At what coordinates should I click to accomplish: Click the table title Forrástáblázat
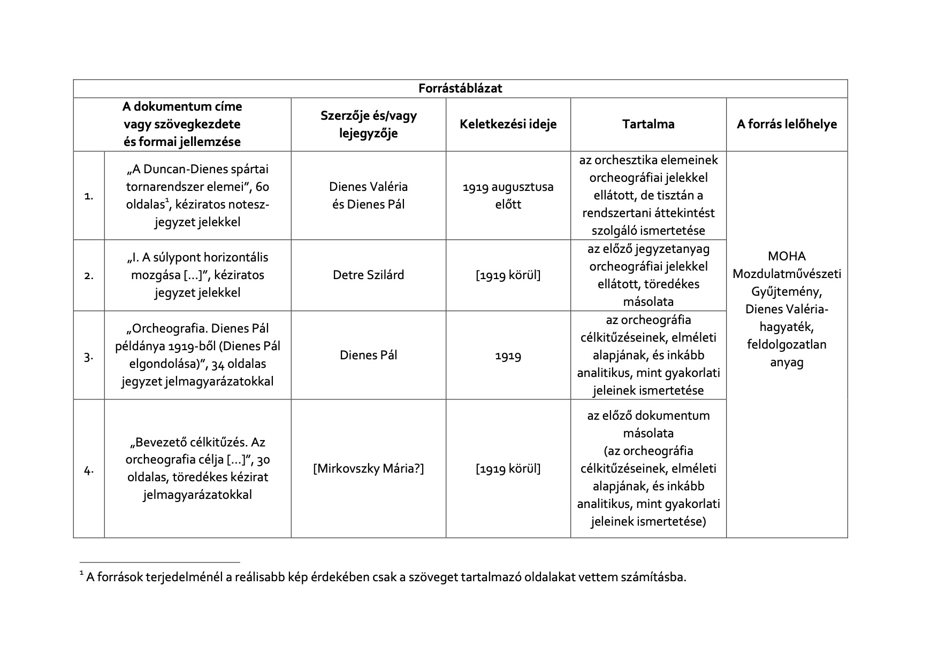460,89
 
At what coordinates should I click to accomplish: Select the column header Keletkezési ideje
508,125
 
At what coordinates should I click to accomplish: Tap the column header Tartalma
648,125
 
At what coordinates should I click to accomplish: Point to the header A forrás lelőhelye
787,125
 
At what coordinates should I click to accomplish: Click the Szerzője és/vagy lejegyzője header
368,125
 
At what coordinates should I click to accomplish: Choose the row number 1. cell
89,196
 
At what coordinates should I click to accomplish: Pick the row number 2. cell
89,276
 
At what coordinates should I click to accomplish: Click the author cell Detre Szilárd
368,275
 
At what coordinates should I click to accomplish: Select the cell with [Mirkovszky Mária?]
368,469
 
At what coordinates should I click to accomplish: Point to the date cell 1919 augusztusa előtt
508,196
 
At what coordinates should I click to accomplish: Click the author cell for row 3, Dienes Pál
368,356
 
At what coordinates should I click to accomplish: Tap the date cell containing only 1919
508,356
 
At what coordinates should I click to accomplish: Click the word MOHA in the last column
787,256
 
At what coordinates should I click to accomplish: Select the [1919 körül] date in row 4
508,469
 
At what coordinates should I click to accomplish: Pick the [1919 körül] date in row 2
508,275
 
